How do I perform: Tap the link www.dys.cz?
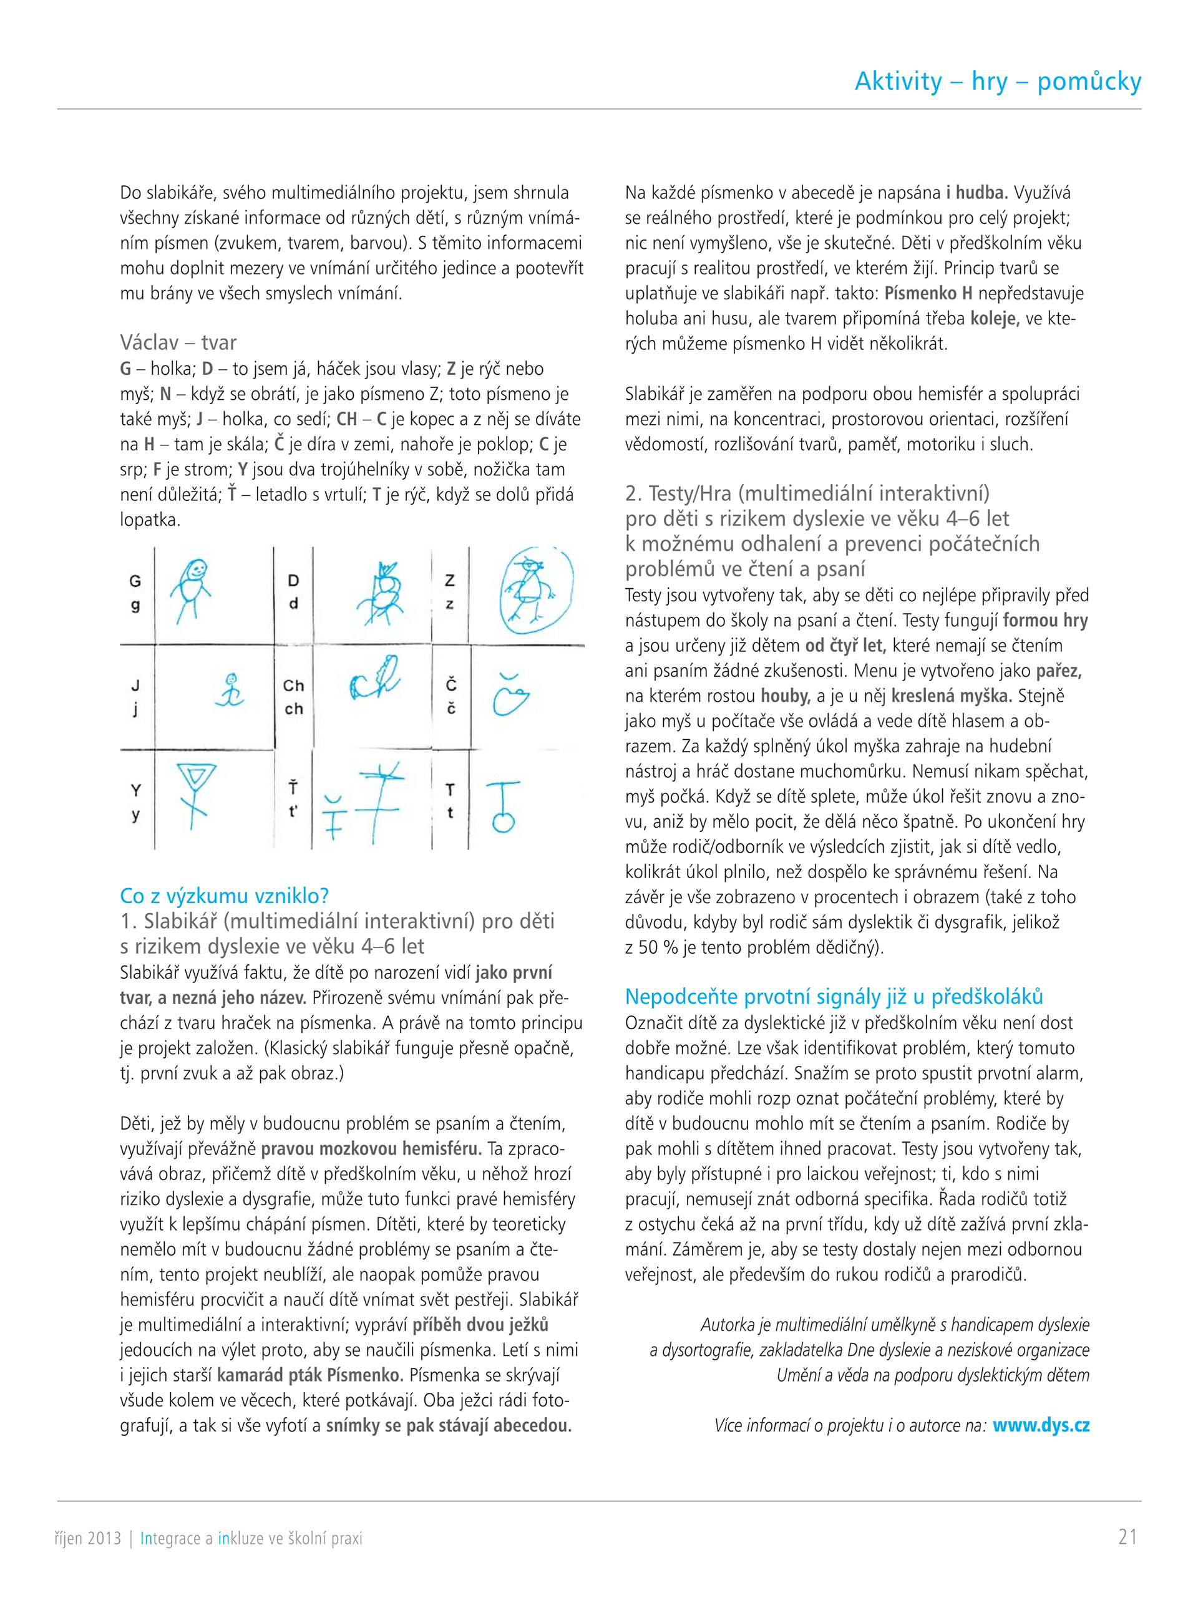tap(1041, 1425)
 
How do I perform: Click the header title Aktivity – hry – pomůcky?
tap(997, 82)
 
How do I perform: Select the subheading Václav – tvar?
tap(178, 342)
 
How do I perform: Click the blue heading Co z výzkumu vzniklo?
tap(224, 896)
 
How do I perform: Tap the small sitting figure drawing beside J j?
tap(230, 690)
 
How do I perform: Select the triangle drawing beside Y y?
tap(195, 795)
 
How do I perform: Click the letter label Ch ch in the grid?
tap(293, 697)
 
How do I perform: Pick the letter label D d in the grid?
tap(293, 591)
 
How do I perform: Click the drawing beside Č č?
tap(510, 694)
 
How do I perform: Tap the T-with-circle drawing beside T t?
tap(503, 805)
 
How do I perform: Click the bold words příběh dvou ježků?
tap(480, 1324)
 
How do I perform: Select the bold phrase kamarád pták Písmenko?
tap(310, 1375)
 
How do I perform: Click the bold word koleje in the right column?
tap(994, 318)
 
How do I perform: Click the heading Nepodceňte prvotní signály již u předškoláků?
tap(834, 996)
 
